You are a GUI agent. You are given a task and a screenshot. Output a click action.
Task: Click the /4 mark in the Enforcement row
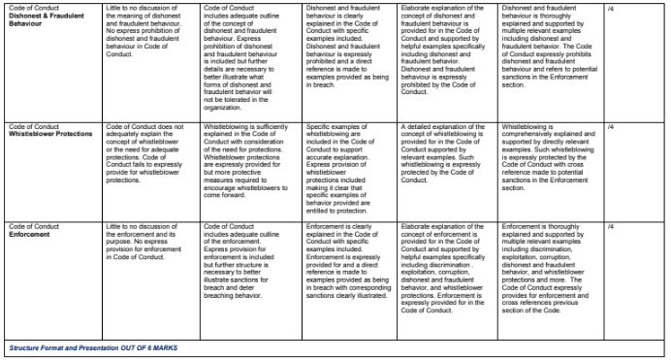click(609, 226)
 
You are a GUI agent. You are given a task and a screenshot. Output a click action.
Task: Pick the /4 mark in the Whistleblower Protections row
click(609, 152)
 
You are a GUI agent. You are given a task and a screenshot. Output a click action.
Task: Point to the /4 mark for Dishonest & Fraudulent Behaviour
click(609, 8)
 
